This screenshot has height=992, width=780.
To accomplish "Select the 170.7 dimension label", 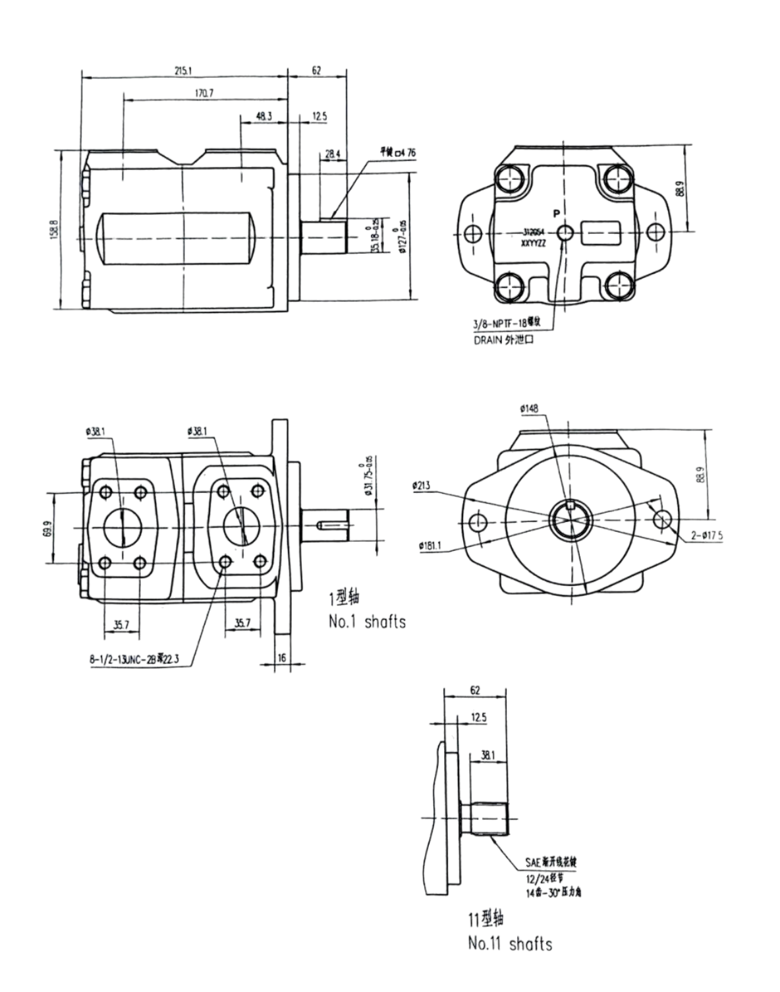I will click(204, 94).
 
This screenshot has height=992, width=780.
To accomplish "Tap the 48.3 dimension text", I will click(264, 117).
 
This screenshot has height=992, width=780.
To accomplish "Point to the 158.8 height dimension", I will click(55, 230).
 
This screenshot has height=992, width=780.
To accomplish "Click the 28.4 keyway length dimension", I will click(332, 154).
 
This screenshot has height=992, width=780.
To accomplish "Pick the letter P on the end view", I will click(557, 213).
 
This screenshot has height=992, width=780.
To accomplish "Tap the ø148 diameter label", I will click(528, 409).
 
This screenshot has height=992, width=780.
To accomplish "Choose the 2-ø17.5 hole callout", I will click(706, 535).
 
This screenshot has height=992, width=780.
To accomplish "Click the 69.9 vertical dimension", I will click(46, 529).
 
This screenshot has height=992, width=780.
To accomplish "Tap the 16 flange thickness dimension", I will click(282, 658).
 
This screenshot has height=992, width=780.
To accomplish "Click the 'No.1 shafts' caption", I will click(367, 621).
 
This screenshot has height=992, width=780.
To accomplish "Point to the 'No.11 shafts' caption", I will click(510, 943).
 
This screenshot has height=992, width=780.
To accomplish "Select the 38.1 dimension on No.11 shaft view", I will click(487, 755).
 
